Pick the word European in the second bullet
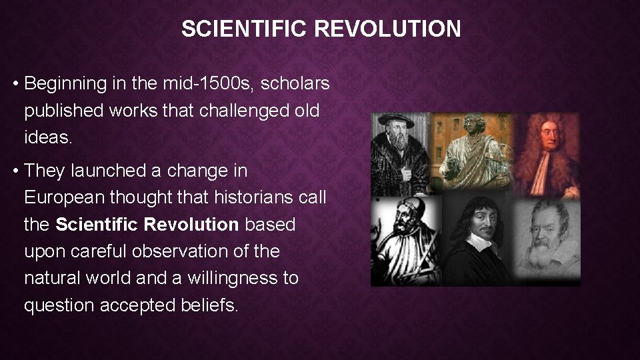point(62,198)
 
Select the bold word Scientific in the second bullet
point(97,225)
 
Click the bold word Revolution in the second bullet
point(191,225)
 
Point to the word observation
point(139,251)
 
